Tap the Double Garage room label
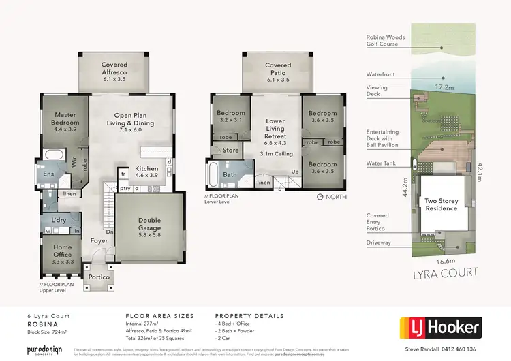[x=149, y=224]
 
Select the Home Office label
[x=63, y=251]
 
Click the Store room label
[x=230, y=150]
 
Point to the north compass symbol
[x=321, y=197]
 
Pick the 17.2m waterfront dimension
[x=444, y=87]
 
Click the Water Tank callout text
[x=383, y=163]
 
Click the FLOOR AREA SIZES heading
[x=159, y=316]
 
